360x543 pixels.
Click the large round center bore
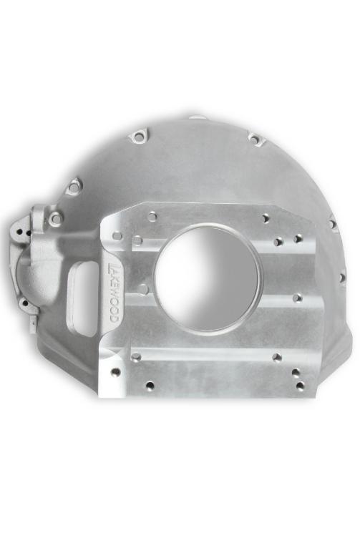tap(208, 278)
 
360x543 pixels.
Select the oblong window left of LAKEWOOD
tap(84, 298)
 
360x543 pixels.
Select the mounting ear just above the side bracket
tap(74, 187)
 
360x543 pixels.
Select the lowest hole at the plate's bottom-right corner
tap(300, 386)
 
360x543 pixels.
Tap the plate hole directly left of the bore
tap(143, 290)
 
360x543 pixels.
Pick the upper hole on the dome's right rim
tap(333, 225)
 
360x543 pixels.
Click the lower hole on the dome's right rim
tap(341, 276)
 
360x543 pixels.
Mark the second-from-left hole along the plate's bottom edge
tap(150, 386)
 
